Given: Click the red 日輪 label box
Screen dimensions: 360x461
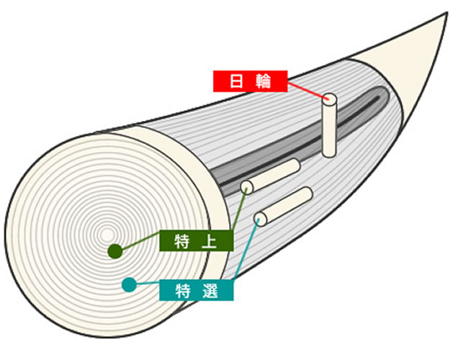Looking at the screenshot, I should (250, 81).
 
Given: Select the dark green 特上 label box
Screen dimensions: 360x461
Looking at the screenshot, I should (197, 240).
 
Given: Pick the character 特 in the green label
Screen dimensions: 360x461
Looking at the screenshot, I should (183, 241).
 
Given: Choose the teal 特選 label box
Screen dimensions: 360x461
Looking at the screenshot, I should (197, 290).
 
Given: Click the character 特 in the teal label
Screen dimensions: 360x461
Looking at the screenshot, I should (183, 291).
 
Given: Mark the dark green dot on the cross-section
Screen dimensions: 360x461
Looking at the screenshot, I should (114, 251).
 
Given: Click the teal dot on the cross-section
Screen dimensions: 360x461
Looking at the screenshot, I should (128, 284).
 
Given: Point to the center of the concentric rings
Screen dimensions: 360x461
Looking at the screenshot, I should (107, 235).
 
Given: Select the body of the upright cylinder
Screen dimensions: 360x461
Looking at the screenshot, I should (330, 130).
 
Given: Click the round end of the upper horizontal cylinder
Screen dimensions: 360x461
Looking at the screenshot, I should (248, 187).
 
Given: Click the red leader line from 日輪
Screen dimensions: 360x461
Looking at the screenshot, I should (306, 91).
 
